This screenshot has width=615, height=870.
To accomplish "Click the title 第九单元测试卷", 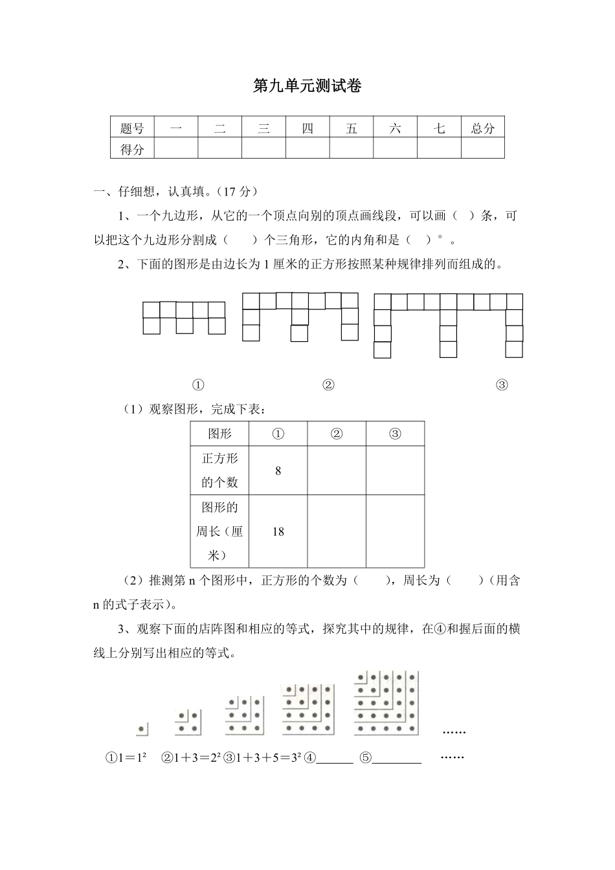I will (307, 86).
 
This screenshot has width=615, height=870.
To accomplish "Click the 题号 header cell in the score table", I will (132, 128).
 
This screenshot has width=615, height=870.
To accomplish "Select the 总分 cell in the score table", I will (482, 128).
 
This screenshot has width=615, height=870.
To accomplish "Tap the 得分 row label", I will (132, 150).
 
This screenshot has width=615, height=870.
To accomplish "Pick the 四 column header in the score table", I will (307, 128).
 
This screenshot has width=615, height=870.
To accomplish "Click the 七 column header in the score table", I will (439, 128).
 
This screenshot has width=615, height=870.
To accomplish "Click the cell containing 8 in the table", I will (278, 471).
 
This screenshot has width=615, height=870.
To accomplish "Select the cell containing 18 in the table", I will (278, 531).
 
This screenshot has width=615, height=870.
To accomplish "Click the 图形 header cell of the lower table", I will (219, 434).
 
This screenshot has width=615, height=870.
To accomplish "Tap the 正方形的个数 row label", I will (219, 471).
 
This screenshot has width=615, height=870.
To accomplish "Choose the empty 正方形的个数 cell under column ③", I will (395, 471).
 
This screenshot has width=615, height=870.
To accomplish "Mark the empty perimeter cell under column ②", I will (337, 531).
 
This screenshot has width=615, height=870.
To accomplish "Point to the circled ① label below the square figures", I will (198, 385).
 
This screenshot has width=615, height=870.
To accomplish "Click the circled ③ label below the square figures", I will (502, 385).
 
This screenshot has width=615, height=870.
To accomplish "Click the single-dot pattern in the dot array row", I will (142, 729).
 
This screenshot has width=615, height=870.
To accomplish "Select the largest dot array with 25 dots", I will (386, 704).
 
